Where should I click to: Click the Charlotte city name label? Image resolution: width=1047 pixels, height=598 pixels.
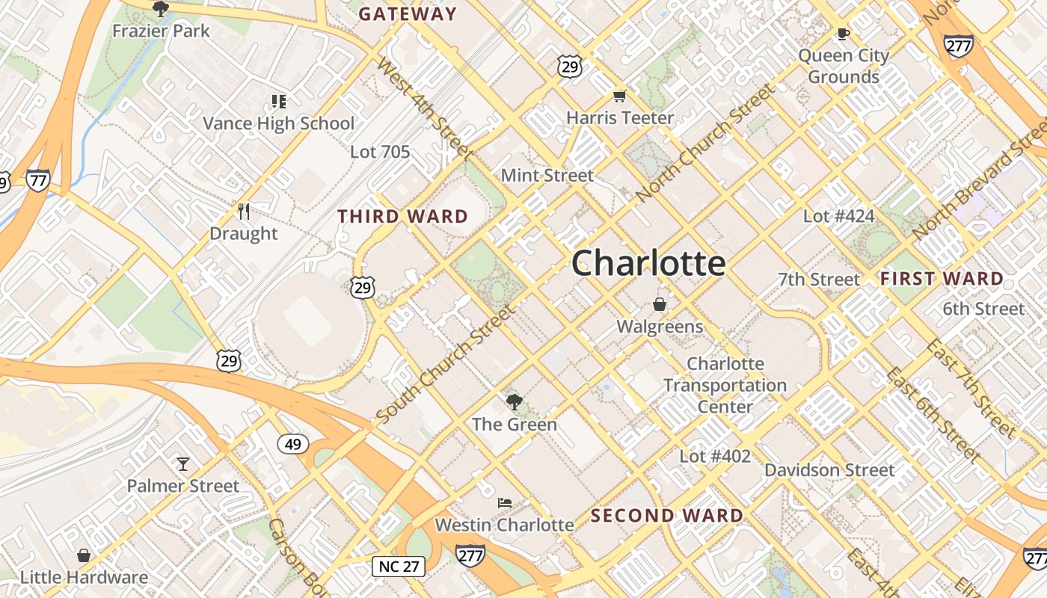coord(648,263)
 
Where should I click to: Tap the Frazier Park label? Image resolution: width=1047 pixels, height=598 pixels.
coord(161,31)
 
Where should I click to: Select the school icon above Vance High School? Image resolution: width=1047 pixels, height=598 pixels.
coord(279,101)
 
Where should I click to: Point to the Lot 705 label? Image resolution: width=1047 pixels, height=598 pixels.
coord(380,152)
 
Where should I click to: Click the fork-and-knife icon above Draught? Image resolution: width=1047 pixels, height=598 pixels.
coord(243,212)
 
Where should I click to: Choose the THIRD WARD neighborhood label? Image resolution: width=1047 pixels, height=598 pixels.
coord(402,217)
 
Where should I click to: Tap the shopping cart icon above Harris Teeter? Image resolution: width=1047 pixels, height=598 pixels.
coord(619,96)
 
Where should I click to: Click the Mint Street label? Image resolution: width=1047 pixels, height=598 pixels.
coord(547,175)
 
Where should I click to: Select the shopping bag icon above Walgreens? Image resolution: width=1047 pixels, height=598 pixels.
coord(660,304)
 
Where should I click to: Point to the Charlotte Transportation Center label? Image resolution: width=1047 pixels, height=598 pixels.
coord(725,385)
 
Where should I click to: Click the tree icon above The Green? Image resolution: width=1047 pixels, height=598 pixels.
coord(514,402)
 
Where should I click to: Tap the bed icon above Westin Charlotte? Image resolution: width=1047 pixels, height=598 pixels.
coord(505,502)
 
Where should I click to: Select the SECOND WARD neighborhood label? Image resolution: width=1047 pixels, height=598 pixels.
coord(667,516)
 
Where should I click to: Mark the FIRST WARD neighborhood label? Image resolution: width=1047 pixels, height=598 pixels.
coord(942,279)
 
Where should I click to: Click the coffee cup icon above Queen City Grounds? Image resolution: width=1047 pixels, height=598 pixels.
coord(844,34)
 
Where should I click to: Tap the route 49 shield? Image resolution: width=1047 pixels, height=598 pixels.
coord(293,445)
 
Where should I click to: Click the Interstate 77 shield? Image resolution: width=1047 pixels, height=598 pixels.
coord(37,180)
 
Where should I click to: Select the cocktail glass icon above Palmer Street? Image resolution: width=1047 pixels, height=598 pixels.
coord(183,464)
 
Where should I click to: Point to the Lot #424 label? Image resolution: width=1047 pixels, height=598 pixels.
coord(838,216)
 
